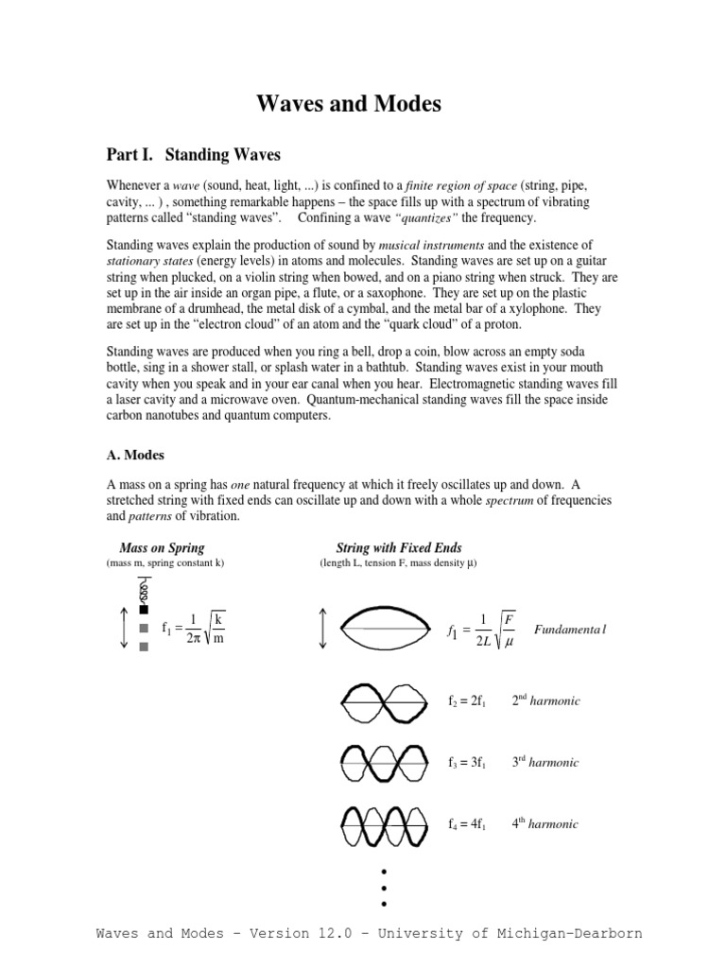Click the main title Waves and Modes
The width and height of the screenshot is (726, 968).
(x=349, y=105)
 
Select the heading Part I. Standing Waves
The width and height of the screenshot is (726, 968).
(x=193, y=153)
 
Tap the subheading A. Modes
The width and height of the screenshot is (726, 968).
(x=135, y=455)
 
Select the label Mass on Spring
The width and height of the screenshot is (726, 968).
(x=162, y=548)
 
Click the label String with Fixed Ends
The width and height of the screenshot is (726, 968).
(x=399, y=548)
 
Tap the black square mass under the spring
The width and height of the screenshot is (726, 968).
(x=144, y=610)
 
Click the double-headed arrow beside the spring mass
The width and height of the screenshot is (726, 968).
(x=123, y=628)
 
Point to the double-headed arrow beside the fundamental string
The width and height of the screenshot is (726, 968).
(x=324, y=629)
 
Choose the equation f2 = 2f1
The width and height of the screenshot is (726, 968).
(x=466, y=701)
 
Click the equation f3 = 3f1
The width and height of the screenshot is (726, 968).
(x=466, y=763)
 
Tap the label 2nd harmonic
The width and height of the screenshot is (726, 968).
(x=545, y=700)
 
